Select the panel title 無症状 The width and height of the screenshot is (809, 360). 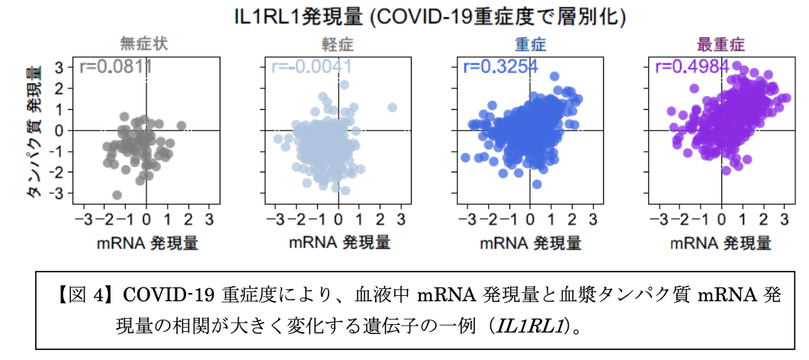(x=143, y=43)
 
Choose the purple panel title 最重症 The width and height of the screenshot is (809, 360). (x=721, y=43)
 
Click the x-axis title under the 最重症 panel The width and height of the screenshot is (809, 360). (x=721, y=243)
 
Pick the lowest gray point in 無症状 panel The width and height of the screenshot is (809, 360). (x=117, y=195)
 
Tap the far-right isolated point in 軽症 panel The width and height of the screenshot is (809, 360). (x=392, y=108)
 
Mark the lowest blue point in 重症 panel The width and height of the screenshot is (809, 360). (x=537, y=184)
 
